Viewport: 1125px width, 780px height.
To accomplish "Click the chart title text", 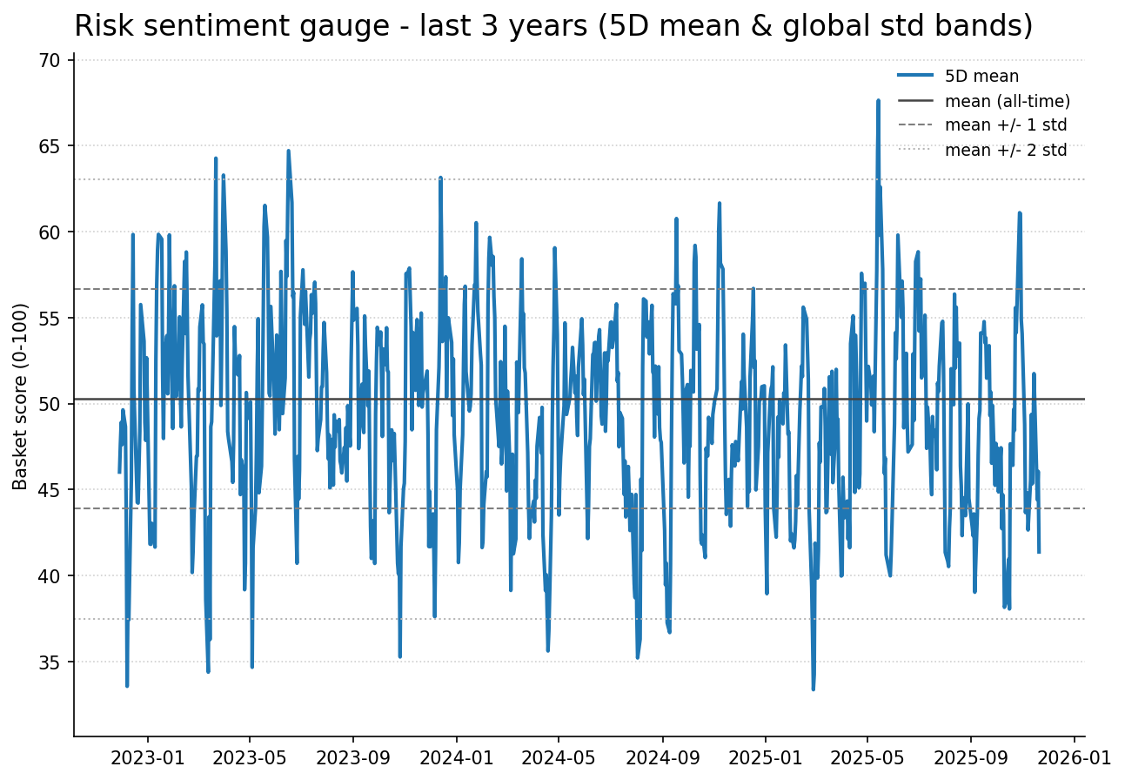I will coord(553,26).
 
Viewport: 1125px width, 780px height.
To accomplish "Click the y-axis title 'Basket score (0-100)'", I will coord(21,396).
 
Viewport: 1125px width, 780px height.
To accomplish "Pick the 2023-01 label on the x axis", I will coord(147,756).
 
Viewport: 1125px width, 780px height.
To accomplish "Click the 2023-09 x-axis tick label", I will coord(353,756).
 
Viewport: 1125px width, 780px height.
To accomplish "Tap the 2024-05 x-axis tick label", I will coord(558,756).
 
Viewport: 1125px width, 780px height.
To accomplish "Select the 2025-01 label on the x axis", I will coord(766,756).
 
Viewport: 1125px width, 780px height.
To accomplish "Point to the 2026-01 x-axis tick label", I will coord(1073,756).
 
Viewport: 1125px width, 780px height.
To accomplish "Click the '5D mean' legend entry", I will coord(981,77).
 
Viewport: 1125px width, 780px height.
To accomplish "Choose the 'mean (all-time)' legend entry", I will coord(1007,101).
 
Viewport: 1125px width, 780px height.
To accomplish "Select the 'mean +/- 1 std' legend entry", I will coord(1005,125).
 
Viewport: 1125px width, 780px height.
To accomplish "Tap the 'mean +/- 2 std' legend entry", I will coord(1005,150).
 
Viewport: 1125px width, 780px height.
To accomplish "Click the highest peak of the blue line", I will coord(878,100).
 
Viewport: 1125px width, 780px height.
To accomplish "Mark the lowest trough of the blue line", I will coord(814,689).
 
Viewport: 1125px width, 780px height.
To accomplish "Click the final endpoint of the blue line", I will coord(1039,552).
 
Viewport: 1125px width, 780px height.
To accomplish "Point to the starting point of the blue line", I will coord(119,472).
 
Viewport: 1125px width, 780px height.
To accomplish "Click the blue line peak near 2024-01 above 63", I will coord(440,178).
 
